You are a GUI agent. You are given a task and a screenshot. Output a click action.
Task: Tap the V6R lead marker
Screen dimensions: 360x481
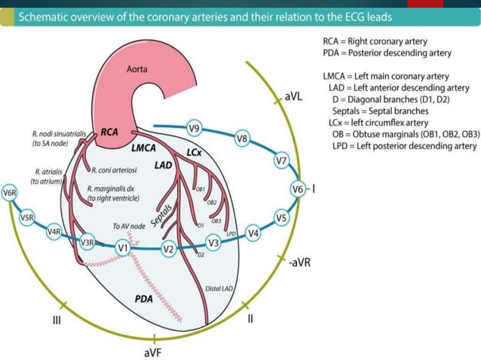coord(10,193)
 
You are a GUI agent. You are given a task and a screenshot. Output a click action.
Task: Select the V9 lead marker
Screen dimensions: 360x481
coord(194,129)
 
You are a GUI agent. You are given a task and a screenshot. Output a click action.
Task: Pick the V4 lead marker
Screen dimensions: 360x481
coord(253,233)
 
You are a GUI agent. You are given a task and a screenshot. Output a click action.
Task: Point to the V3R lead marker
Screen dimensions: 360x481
coord(87,242)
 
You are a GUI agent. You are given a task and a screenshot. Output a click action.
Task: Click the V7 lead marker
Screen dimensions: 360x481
coord(281,160)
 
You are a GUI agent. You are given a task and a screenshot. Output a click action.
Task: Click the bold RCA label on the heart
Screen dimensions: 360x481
coord(109,133)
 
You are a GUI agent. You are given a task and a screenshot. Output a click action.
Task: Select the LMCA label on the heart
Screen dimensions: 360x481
coord(144,149)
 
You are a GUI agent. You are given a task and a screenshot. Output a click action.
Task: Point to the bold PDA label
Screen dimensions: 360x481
coord(144,299)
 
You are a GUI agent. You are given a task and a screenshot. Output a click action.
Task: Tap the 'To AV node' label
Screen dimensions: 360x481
coord(127,226)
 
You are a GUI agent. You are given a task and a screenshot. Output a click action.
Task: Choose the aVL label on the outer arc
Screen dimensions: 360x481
coord(294,96)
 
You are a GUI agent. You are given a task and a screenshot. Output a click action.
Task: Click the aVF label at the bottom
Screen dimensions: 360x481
coord(154,351)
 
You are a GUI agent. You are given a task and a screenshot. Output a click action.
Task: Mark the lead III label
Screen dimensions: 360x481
coord(57,321)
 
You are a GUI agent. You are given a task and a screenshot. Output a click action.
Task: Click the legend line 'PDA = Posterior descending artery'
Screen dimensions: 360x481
coord(387,53)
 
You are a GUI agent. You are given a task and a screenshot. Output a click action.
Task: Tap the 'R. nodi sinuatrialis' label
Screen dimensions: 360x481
coord(59,133)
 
